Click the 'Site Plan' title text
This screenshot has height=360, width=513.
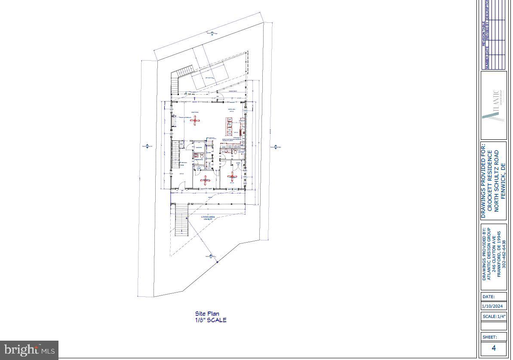coord(207,314)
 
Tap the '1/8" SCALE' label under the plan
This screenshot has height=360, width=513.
coord(210,320)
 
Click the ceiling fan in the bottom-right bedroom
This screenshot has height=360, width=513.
coord(233,175)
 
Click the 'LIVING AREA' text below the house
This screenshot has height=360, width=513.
coord(208,217)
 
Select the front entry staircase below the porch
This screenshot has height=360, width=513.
coord(181,220)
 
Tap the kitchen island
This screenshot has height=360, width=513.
coord(228,125)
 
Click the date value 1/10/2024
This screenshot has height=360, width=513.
coord(492,306)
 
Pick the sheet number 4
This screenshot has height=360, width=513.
coord(494,348)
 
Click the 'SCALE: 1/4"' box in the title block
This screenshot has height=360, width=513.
coord(494,317)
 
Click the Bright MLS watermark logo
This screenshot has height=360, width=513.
coord(29,350)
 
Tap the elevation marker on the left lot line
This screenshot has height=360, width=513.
coord(147,147)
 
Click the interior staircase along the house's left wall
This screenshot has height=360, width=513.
coord(175,155)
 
